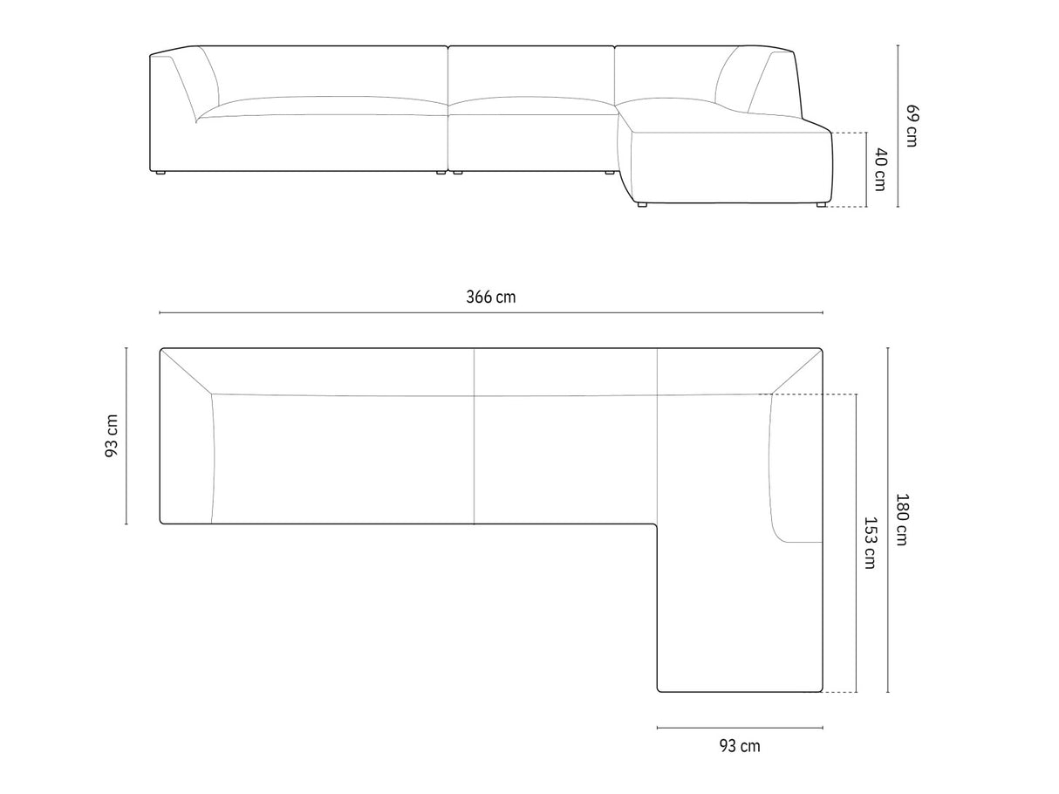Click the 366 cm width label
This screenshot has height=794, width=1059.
point(490,297)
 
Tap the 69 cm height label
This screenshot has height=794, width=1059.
point(912,126)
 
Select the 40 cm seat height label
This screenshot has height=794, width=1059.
point(880,170)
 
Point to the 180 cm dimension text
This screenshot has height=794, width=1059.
point(901,519)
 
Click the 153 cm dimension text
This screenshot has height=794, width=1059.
point(869,544)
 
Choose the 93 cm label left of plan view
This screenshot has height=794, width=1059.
point(112,436)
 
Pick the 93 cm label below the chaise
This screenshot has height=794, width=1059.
point(740,746)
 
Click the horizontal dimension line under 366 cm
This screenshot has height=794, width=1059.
point(491,312)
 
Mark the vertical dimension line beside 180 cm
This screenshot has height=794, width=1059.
point(888,520)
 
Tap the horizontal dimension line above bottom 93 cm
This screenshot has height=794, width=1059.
point(740,728)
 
